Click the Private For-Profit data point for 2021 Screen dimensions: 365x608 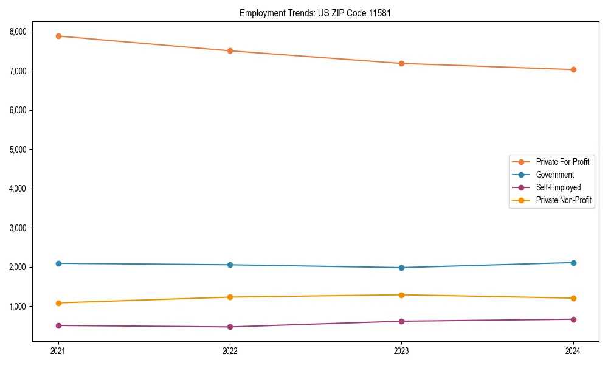click(58, 36)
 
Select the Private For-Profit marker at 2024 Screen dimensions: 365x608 click(573, 69)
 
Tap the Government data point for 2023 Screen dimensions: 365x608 click(401, 268)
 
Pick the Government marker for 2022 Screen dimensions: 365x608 click(230, 265)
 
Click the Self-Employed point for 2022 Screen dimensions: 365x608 click(230, 327)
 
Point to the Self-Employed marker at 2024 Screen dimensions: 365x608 click(573, 319)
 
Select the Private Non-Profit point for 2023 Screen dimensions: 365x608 click(401, 295)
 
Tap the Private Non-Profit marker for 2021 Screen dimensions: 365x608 click(58, 303)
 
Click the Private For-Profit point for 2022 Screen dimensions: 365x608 click(230, 50)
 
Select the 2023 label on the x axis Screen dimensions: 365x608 click(401, 351)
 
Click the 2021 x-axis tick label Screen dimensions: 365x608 click(58, 351)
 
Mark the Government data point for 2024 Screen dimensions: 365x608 click(573, 263)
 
